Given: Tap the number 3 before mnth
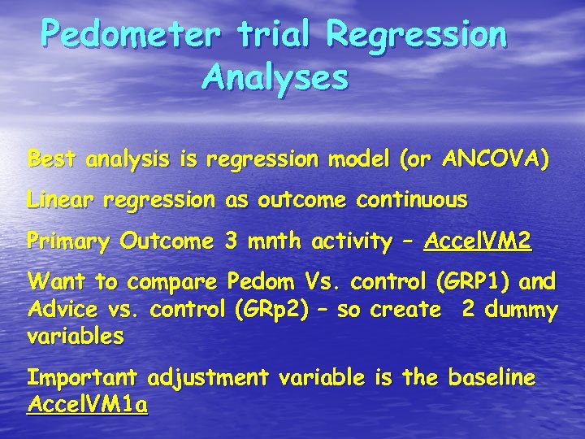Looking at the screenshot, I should coord(232,241).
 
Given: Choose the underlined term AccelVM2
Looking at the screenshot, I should coord(478,241).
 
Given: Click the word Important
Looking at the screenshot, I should coord(84,378).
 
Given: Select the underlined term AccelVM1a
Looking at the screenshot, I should coord(87,405).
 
